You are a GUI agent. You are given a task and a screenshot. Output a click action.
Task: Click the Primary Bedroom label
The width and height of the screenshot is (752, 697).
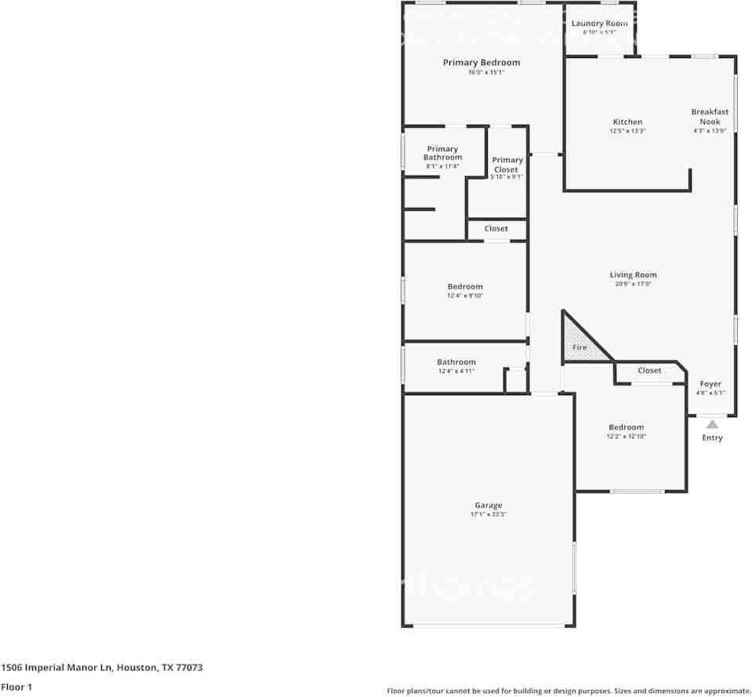481,63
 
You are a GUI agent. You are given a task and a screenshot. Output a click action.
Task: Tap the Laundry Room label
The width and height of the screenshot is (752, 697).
599,24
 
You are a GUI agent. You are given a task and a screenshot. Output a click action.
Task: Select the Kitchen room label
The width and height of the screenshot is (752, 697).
627,122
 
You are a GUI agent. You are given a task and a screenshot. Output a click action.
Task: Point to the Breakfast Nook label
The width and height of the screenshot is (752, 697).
710,117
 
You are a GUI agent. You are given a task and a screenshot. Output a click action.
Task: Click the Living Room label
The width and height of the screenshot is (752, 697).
633,275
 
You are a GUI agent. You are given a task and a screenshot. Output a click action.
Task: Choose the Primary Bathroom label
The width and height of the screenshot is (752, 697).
442,153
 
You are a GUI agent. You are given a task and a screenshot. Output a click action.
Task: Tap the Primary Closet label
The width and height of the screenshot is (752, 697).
507,165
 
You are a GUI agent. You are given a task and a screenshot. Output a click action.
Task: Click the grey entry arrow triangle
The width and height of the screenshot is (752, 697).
712,424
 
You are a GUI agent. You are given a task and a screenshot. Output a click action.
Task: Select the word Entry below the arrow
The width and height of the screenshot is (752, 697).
712,437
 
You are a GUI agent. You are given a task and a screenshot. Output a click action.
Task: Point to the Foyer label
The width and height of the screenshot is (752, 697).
710,384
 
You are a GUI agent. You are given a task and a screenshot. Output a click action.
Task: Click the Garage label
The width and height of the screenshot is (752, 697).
488,506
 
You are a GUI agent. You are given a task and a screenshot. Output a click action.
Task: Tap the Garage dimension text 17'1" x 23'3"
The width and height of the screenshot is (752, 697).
488,515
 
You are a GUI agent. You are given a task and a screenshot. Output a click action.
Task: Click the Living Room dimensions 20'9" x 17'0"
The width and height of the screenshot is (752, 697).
633,284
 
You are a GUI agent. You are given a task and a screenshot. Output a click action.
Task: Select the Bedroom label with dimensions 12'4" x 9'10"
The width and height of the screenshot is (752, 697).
465,287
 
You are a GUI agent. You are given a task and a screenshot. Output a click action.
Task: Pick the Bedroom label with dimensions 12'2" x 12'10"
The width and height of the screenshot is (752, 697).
626,427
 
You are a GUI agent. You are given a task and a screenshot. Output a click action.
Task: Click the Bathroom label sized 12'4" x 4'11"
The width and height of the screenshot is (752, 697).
456,362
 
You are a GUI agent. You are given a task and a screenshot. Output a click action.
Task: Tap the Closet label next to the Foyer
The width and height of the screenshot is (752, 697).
649,370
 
